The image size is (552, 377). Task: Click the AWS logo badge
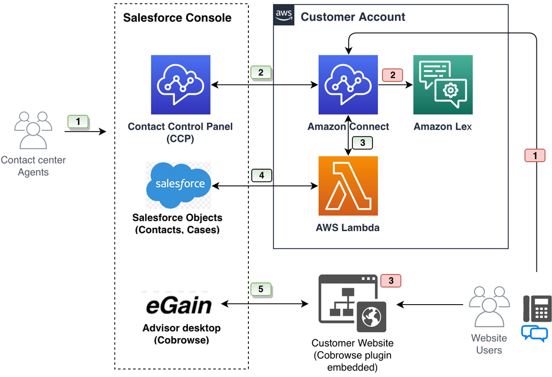coord(284,15)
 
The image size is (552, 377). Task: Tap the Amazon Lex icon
coord(442,85)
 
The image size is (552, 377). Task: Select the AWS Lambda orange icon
coord(348,186)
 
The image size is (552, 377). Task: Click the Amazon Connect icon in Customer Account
coord(348,85)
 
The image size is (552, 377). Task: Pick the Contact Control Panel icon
coord(180,85)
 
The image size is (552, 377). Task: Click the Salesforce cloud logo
coord(179,185)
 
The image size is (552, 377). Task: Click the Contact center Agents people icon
coord(33,130)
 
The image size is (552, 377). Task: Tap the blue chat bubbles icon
coord(534,333)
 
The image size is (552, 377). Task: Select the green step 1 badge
coord(78,122)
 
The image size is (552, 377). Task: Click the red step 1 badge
coord(534,155)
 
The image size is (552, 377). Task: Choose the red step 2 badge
coord(392,75)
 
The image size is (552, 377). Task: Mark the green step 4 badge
coord(261,176)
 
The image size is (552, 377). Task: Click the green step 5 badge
coord(261,289)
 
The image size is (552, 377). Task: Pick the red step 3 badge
coord(391,281)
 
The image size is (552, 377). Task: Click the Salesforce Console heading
coord(177,18)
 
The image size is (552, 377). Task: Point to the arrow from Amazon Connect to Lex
coord(395,85)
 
